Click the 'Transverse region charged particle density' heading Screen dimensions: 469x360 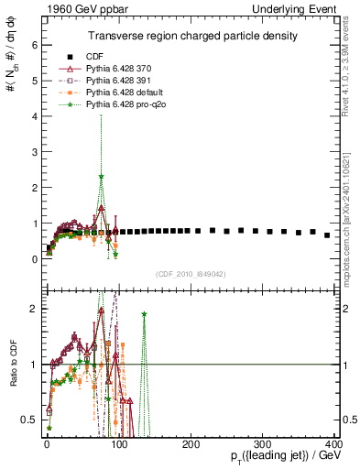pos(191,36)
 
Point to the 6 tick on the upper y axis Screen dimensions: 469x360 pos(35,43)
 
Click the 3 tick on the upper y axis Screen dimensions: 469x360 pos(35,151)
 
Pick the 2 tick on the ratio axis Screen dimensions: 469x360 pos(35,309)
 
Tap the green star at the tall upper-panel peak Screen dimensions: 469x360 pos(102,176)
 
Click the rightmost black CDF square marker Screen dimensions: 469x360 pos(327,235)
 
